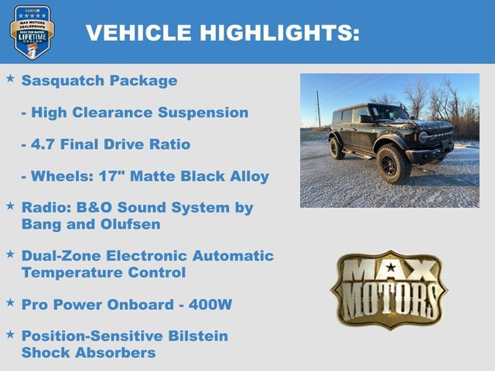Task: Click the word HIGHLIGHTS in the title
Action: [x=280, y=32]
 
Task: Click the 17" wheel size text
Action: [x=108, y=176]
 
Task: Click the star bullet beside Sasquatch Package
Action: [x=10, y=79]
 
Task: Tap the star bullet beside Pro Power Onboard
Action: [x=10, y=302]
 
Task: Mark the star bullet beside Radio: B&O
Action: [x=10, y=206]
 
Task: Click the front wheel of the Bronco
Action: [x=392, y=164]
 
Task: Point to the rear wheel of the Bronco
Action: [x=337, y=148]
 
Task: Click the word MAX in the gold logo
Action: [x=389, y=271]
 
